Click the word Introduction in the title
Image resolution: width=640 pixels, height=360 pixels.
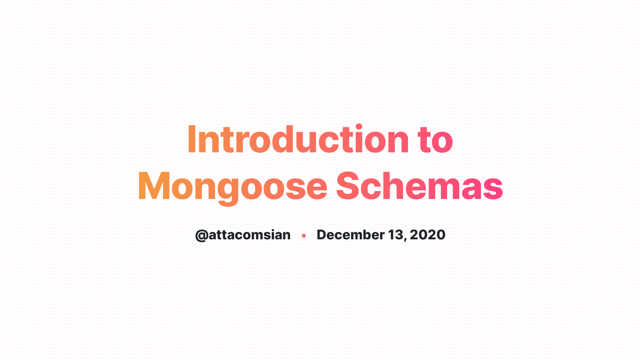(298, 139)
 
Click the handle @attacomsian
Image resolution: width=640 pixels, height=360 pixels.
(243, 235)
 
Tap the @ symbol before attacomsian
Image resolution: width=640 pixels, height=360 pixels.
(202, 235)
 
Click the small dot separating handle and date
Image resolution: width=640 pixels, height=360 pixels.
(304, 236)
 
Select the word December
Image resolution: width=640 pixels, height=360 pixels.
(351, 235)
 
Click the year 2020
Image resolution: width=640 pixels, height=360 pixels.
(428, 235)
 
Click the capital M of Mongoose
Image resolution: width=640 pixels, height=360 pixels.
(154, 186)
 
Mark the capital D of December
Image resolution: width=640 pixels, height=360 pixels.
(322, 235)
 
